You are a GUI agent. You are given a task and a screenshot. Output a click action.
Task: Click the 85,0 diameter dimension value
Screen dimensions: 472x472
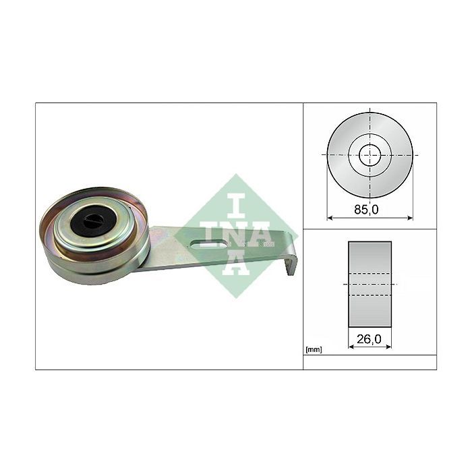[x=366, y=209]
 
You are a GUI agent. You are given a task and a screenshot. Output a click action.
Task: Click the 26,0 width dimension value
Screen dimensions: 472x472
[x=369, y=339]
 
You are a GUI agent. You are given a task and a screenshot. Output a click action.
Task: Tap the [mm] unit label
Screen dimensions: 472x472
[x=314, y=349]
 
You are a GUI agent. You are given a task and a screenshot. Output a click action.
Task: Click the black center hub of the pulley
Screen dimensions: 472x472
[x=93, y=220]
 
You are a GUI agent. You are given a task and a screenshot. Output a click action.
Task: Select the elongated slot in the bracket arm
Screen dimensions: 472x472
[x=209, y=243]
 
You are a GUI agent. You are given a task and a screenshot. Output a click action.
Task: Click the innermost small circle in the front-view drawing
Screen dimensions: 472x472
[x=370, y=155]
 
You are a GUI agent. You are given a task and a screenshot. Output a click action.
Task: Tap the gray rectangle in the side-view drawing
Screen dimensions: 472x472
[x=370, y=284]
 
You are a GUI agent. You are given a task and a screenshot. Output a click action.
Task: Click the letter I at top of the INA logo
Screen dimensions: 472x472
[x=236, y=206]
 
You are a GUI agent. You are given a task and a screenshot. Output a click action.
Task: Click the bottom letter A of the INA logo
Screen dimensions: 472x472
[x=236, y=264]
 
